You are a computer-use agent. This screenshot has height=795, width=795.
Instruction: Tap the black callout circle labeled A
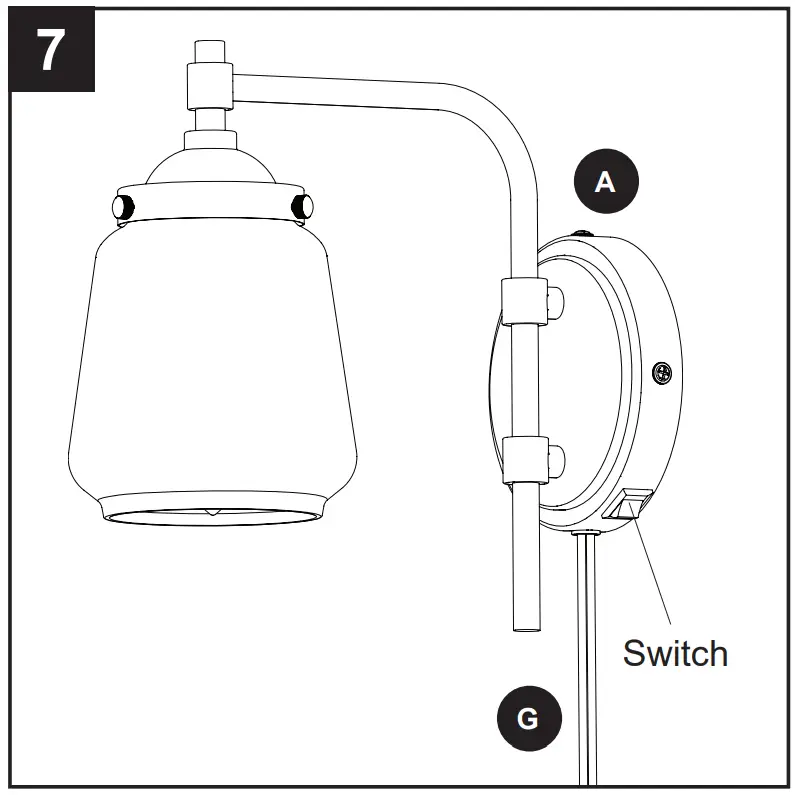pyautogui.click(x=603, y=182)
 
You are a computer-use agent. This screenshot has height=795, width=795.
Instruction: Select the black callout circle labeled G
pyautogui.click(x=529, y=718)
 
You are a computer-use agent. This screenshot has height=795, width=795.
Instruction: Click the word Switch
pyautogui.click(x=674, y=653)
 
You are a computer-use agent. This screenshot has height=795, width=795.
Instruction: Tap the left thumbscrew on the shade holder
pyautogui.click(x=123, y=207)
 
